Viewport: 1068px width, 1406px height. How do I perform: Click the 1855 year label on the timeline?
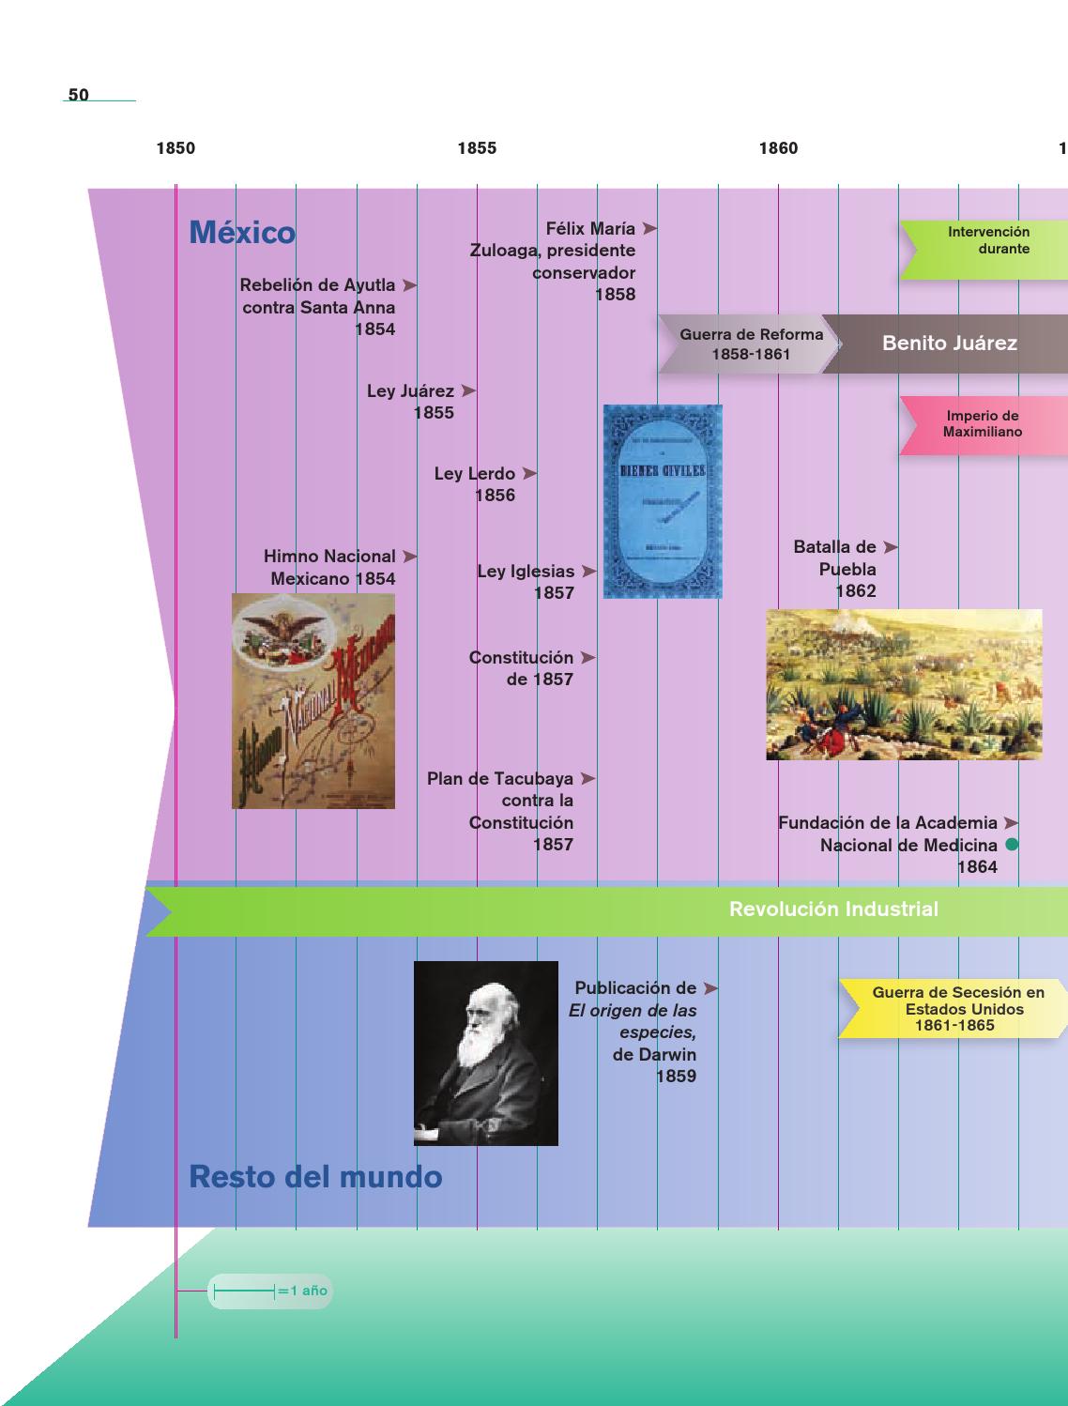477,148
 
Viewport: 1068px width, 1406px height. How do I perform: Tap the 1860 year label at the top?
778,148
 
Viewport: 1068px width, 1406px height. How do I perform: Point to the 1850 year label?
175,148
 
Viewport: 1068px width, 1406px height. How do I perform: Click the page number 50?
79,95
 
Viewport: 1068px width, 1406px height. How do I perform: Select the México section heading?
242,233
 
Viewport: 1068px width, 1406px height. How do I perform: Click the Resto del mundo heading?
315,1176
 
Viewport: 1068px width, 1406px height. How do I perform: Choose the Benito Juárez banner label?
949,344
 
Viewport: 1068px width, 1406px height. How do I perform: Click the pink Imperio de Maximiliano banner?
982,424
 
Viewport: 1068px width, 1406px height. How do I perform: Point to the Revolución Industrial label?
833,909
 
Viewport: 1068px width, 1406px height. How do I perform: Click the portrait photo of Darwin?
486,1053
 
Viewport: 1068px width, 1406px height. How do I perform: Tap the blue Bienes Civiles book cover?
663,501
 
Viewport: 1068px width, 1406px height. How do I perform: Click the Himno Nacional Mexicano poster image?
313,700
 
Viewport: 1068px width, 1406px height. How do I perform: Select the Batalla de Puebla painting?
904,684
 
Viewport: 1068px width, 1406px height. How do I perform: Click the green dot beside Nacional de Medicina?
1012,845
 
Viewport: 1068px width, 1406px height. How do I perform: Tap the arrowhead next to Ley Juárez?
468,390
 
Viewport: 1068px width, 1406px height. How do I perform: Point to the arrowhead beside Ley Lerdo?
529,474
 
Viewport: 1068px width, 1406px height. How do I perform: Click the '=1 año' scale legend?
270,1291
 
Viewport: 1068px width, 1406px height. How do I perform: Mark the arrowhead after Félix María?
649,228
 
